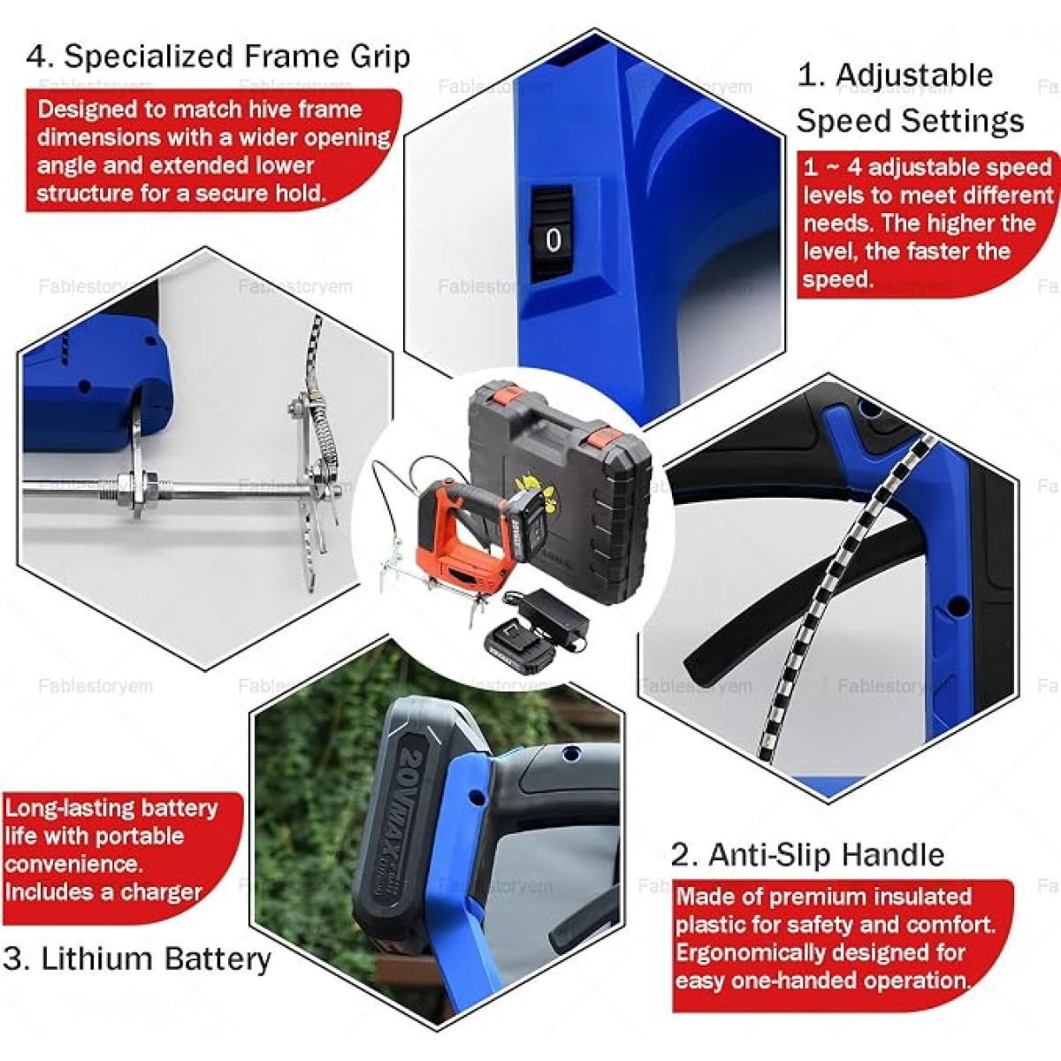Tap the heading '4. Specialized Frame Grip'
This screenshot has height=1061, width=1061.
coord(218,57)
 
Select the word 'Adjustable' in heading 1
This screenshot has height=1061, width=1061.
coord(914,75)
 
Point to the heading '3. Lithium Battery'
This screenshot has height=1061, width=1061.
coord(136,958)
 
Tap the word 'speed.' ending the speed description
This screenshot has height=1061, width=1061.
coord(837,279)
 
